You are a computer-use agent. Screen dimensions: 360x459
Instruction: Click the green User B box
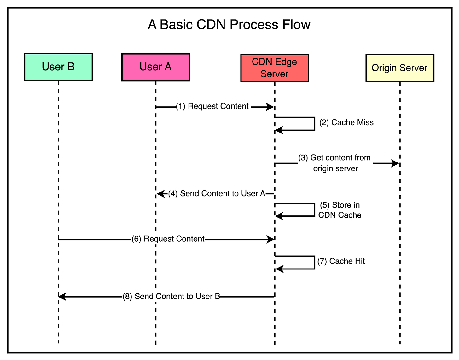(x=58, y=67)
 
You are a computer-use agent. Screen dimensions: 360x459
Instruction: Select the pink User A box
(x=156, y=67)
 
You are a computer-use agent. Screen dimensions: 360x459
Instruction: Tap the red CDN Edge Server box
(x=275, y=68)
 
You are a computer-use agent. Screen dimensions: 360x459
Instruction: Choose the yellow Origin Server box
(x=400, y=68)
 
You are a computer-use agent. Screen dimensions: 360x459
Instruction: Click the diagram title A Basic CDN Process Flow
(x=229, y=25)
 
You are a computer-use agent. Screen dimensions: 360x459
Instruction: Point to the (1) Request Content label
(x=212, y=106)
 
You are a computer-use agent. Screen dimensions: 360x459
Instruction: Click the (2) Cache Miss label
(x=346, y=122)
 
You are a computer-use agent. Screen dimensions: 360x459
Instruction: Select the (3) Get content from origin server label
(x=335, y=163)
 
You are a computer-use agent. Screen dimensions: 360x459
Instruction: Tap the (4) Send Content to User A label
(x=217, y=193)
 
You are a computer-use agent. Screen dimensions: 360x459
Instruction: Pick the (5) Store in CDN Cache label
(x=340, y=210)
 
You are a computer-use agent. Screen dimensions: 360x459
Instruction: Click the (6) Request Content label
(x=168, y=239)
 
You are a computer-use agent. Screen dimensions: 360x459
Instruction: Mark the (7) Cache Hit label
(x=341, y=261)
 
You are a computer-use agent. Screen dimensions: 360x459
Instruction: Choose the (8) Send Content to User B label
(x=171, y=297)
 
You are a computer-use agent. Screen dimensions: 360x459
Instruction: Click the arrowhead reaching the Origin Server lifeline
(x=395, y=163)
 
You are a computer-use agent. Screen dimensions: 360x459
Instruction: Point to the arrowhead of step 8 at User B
(x=62, y=297)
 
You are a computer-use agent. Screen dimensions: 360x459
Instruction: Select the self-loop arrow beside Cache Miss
(x=314, y=124)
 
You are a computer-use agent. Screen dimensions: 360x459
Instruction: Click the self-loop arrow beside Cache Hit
(x=314, y=263)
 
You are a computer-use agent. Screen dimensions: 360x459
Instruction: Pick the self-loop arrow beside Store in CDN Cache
(x=314, y=210)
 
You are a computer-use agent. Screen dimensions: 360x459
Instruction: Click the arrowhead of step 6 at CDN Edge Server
(x=270, y=239)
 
